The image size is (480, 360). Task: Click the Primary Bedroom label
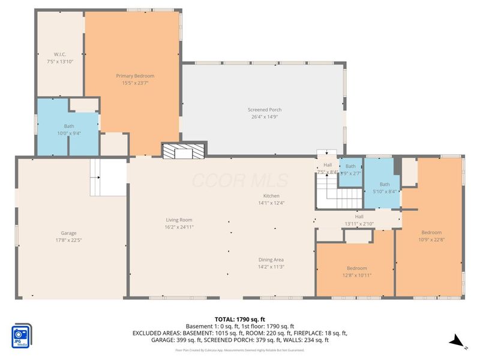[x=135, y=76]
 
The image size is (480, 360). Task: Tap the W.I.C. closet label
[x=59, y=53]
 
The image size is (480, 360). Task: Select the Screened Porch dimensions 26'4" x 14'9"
[x=265, y=117]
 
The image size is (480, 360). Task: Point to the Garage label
[x=68, y=233]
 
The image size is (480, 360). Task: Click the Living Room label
[x=179, y=220]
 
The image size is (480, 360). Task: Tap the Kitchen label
[x=271, y=196]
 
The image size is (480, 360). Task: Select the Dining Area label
[x=271, y=259]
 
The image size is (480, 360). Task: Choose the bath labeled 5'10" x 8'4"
[x=384, y=188]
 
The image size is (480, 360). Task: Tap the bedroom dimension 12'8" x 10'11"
[x=356, y=275]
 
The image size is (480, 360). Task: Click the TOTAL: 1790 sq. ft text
[x=239, y=319]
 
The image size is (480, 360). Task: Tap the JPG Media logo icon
[x=22, y=335]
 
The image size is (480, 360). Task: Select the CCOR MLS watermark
[x=239, y=181]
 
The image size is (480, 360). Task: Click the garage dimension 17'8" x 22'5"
[x=68, y=240]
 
